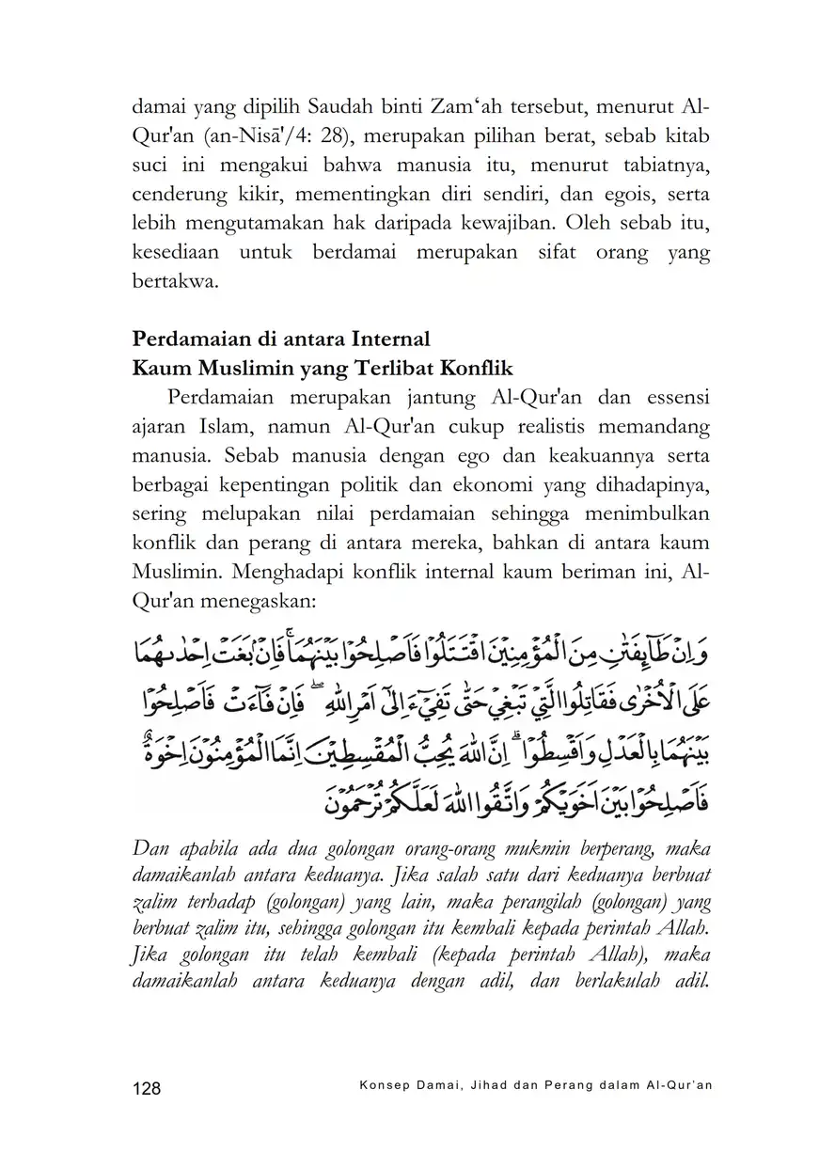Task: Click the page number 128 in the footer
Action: (x=147, y=1088)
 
